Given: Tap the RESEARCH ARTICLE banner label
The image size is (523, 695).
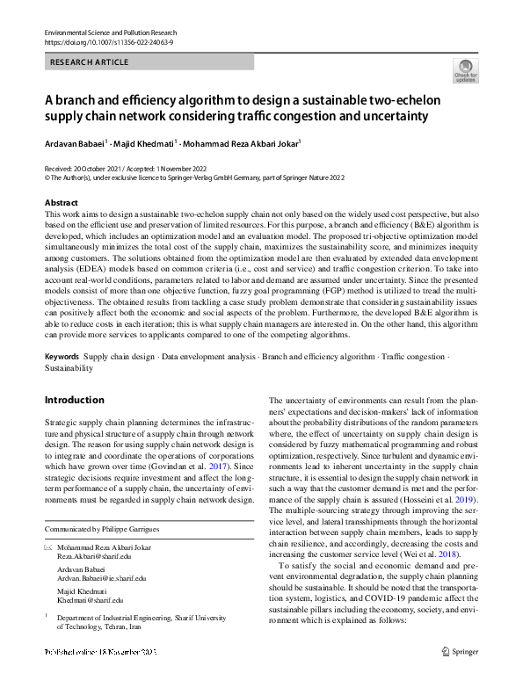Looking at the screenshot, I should (x=91, y=62).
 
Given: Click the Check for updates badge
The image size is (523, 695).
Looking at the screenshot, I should (x=465, y=70).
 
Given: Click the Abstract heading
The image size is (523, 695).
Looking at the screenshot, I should (x=61, y=203).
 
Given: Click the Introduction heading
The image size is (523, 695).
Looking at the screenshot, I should (x=74, y=400).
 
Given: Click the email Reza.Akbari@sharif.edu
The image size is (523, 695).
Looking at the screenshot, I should (x=94, y=557).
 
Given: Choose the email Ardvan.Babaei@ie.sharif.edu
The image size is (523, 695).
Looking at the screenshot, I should (x=102, y=579).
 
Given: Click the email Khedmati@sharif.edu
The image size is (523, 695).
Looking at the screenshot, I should (x=91, y=601).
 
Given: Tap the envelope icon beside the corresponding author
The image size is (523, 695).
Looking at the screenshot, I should (x=48, y=547).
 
